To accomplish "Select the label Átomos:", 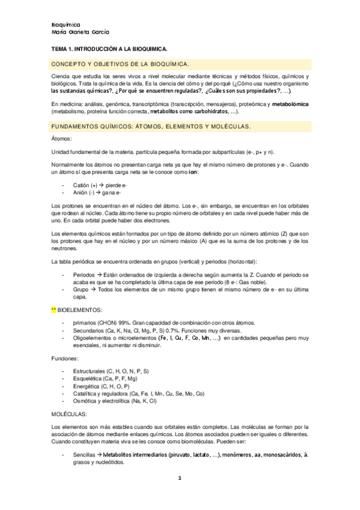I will (x=61, y=139).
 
